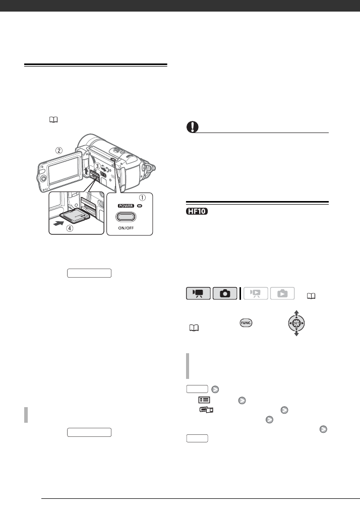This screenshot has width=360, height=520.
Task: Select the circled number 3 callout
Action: [97, 166]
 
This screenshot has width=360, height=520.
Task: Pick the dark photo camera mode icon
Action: [224, 294]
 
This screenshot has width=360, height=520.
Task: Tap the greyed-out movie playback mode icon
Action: [255, 294]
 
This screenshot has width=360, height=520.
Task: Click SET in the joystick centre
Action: [295, 322]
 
